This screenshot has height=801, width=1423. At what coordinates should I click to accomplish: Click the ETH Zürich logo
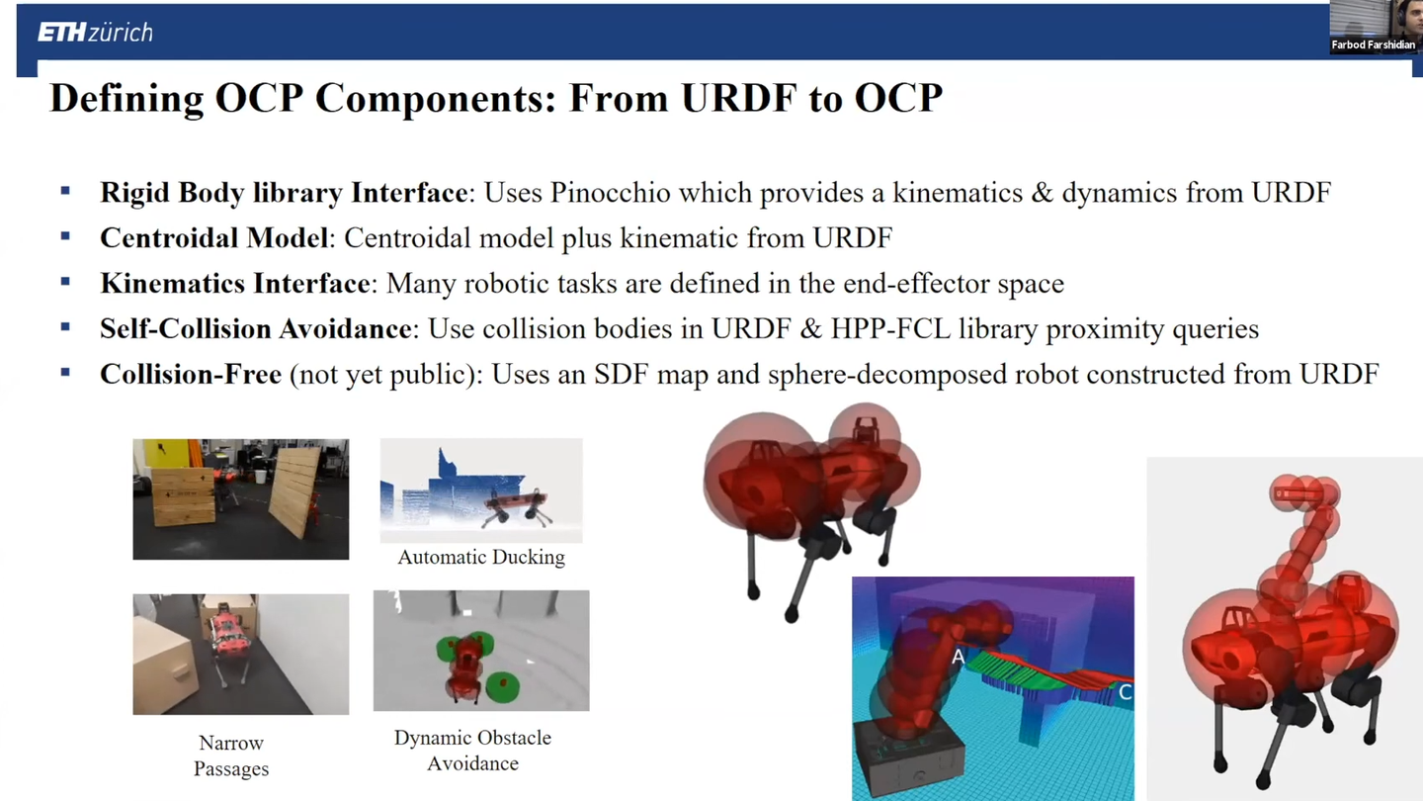pyautogui.click(x=95, y=32)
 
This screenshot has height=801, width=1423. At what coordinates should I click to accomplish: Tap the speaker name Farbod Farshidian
pyautogui.click(x=1374, y=44)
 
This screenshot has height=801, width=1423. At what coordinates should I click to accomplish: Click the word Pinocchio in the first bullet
pyautogui.click(x=610, y=193)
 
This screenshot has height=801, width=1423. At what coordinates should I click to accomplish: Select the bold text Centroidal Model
pyautogui.click(x=214, y=237)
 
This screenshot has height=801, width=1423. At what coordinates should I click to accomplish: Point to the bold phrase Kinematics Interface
pyautogui.click(x=235, y=284)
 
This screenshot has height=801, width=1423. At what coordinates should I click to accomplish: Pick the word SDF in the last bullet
pyautogui.click(x=622, y=374)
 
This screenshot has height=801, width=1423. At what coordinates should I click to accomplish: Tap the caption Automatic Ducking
pyautogui.click(x=481, y=557)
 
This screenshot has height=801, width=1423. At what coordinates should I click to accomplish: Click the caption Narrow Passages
pyautogui.click(x=230, y=756)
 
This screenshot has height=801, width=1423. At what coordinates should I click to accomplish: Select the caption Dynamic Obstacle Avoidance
pyautogui.click(x=472, y=751)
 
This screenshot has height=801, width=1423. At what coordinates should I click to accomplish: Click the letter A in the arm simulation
pyautogui.click(x=958, y=657)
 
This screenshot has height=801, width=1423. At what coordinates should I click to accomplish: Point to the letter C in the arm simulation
pyautogui.click(x=1125, y=691)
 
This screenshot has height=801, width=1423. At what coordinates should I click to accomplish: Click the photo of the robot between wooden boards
pyautogui.click(x=241, y=499)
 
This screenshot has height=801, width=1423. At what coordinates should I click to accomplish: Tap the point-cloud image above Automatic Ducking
pyautogui.click(x=481, y=490)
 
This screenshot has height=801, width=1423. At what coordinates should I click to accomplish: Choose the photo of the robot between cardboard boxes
pyautogui.click(x=241, y=655)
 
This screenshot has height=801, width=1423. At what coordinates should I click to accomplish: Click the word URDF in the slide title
pyautogui.click(x=739, y=98)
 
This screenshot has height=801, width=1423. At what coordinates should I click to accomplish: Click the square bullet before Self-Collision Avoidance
pyautogui.click(x=65, y=327)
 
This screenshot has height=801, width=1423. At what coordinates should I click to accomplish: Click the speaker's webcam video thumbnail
pyautogui.click(x=1376, y=27)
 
